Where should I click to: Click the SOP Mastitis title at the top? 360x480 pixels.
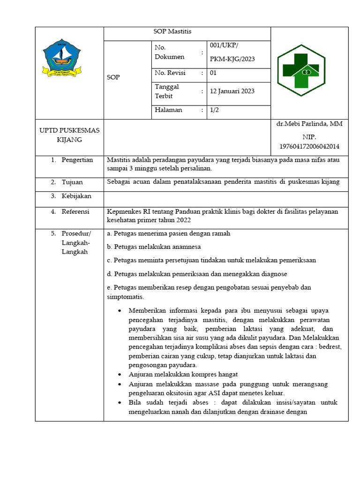172,32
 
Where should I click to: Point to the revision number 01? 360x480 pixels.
213,73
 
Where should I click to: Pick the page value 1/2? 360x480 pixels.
214,110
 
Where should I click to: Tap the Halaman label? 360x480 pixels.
168,110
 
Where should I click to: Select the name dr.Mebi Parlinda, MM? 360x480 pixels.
309,124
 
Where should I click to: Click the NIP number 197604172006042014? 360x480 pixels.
309,147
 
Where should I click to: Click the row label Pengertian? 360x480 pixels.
77,160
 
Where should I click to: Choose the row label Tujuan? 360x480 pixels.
72,182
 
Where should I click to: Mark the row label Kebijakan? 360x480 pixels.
76,196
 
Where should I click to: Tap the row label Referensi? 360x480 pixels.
75,211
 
